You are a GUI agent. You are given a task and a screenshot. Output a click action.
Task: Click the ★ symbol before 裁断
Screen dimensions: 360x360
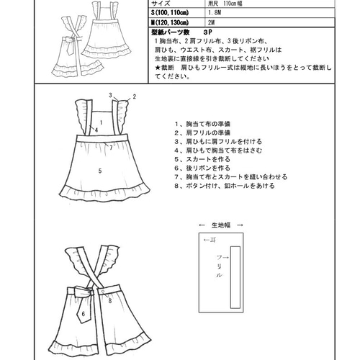coord(158,67)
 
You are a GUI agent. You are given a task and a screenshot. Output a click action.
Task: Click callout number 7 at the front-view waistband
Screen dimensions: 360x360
coord(111,145)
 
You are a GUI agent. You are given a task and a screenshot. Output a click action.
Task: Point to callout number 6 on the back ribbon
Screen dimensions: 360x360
coord(84,314)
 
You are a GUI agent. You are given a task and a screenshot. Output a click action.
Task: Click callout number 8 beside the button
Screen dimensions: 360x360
coord(109,302)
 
